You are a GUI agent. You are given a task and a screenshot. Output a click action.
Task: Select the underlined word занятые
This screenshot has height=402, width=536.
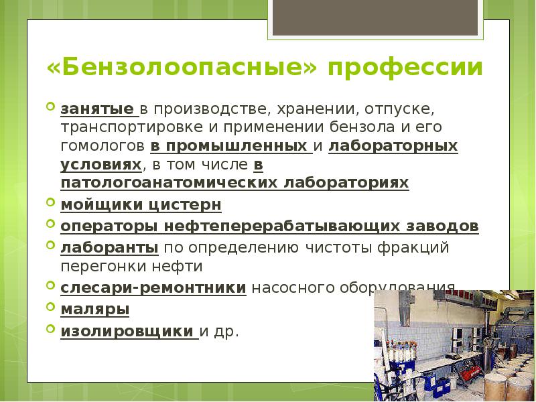pyautogui.click(x=97, y=109)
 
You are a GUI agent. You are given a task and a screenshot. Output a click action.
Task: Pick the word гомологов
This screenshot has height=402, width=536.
pyautogui.click(x=103, y=146)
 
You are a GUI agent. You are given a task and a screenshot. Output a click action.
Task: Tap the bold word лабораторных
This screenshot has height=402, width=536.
pyautogui.click(x=393, y=145)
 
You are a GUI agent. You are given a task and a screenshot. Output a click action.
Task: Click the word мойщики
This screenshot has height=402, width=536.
pyautogui.click(x=100, y=204)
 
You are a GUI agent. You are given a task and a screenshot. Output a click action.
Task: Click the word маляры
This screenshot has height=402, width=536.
pyautogui.click(x=95, y=309)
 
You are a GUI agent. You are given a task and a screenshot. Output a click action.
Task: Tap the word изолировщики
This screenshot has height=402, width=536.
pyautogui.click(x=127, y=330)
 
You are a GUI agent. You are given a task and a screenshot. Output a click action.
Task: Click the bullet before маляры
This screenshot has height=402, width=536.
pyautogui.click(x=52, y=306)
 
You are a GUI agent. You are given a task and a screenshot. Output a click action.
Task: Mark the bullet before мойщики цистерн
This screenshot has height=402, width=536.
pyautogui.click(x=52, y=201)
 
